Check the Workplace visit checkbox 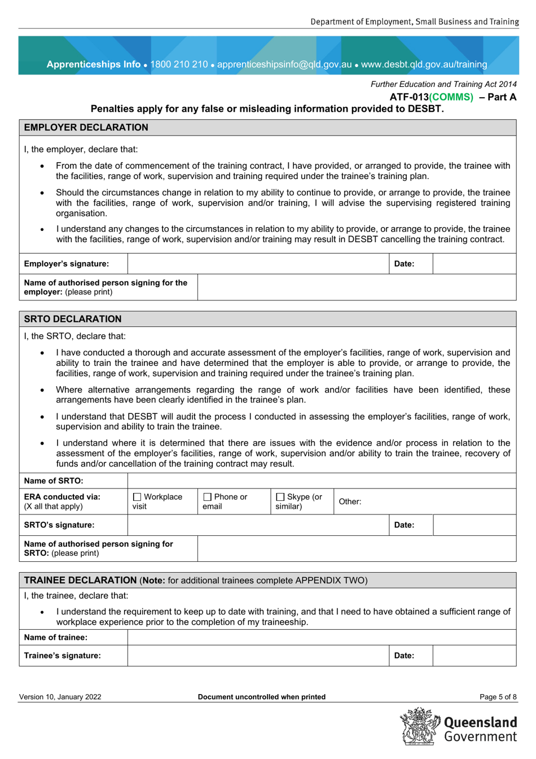137,497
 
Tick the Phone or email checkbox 207,497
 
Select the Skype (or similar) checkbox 280,497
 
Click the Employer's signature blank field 258,264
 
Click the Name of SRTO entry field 322,481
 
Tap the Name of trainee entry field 322,638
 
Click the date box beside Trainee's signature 474,656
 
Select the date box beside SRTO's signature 474,525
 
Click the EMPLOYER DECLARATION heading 86,128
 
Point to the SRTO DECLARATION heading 73,319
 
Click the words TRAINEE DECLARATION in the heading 80,581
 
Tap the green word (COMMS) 451,97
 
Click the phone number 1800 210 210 179,64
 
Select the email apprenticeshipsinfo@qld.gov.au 284,64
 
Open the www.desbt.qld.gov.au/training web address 424,64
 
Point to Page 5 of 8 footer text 498,697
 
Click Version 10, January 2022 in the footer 60,697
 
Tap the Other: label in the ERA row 350,501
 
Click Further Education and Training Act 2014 443,84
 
